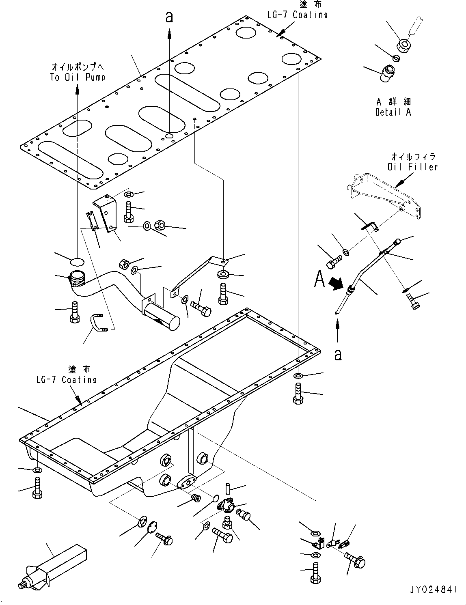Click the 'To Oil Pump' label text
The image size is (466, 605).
(77, 77)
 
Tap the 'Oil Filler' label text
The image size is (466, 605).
(412, 166)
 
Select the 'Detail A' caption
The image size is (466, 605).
(393, 112)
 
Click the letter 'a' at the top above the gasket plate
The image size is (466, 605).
(169, 17)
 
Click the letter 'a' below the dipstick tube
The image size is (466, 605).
(337, 355)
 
